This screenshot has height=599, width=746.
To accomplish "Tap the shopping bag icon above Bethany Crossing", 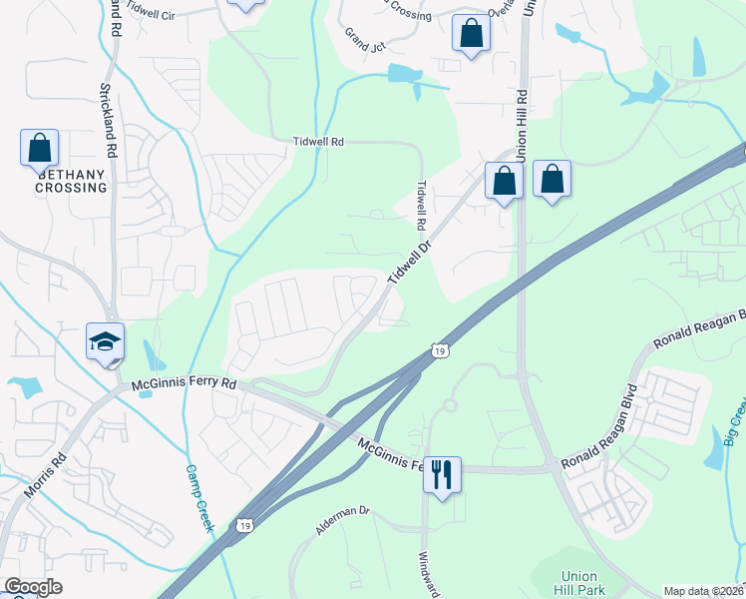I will tap(40, 149).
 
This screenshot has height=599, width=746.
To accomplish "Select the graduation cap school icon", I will tap(105, 341).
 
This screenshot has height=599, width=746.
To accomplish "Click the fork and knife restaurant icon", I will tap(443, 473).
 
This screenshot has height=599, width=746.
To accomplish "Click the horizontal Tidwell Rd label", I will tap(318, 142).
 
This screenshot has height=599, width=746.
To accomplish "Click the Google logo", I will tap(33, 587).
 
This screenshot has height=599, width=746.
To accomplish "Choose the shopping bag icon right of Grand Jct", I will tap(470, 34).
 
